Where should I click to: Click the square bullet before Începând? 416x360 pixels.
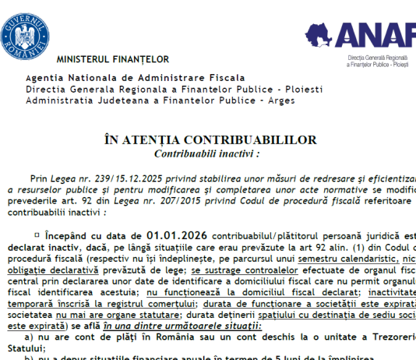[x=37, y=234]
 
